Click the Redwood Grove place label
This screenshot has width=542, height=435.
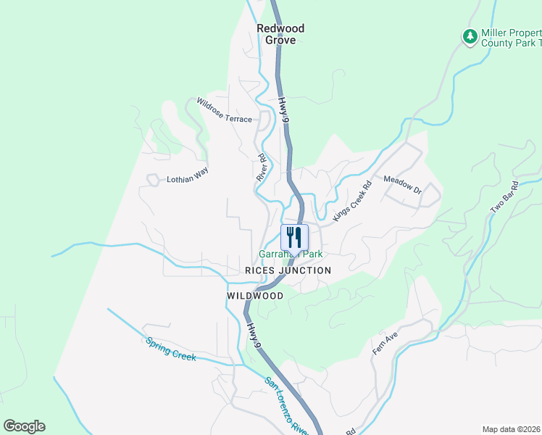(x=280, y=34)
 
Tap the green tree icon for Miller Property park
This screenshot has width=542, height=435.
(x=470, y=36)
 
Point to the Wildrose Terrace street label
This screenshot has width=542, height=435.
(x=225, y=109)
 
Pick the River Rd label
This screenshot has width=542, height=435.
(x=262, y=167)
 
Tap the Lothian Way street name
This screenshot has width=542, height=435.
(x=187, y=175)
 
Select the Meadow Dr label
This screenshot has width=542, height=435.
(x=402, y=185)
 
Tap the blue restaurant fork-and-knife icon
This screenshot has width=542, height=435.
(x=294, y=237)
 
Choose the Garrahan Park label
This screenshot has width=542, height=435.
(x=291, y=254)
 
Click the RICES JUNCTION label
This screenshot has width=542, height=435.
(x=288, y=270)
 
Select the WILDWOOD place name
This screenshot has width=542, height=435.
(x=255, y=296)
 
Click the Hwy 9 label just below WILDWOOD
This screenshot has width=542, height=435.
(x=252, y=333)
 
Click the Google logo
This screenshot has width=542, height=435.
(x=24, y=426)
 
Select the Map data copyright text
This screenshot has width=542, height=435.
(x=512, y=429)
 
